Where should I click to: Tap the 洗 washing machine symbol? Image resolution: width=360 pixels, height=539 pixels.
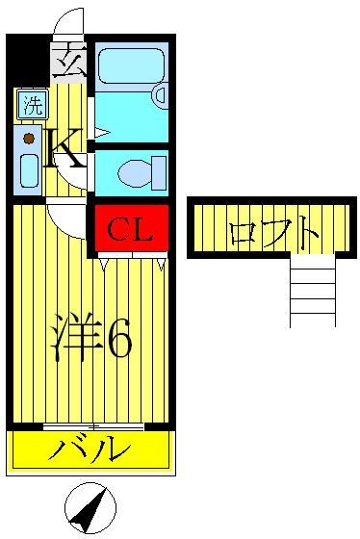pos(33,104)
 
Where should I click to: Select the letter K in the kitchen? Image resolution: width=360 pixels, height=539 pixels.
pos(65,147)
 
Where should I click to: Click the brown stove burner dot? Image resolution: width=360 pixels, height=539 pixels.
pos(29,139)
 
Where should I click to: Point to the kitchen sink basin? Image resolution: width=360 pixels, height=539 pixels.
pos(29,171)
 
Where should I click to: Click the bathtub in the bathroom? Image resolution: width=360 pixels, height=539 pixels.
pos(131,65)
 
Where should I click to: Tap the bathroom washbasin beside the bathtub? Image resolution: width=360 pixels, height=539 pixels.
pos(160,95)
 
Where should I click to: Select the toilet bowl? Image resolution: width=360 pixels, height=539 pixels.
pos(135,173)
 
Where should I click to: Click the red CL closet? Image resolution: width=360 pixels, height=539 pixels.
pos(131,227)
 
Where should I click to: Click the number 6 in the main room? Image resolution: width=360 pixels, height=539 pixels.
pos(119,338)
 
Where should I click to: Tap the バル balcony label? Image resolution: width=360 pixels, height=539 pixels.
pos(90,448)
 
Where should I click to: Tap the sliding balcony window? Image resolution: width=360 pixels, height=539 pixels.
pos(93,427)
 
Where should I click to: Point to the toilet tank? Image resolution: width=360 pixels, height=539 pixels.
pos(158,173)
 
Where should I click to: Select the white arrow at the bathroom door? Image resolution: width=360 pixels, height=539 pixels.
pos(102,133)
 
